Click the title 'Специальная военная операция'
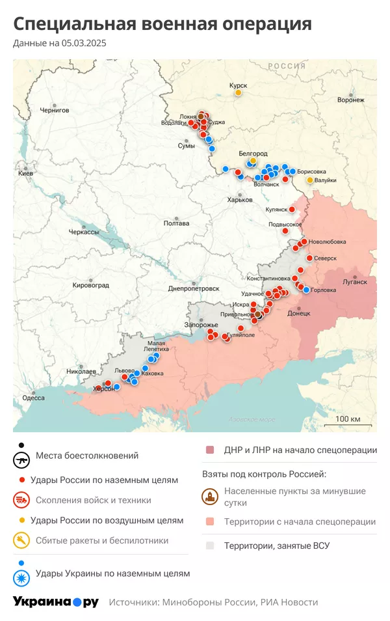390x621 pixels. click(x=162, y=24)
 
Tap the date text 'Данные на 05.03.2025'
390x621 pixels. click(x=59, y=44)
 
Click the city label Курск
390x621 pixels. click(x=238, y=85)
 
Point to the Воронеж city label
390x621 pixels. click(x=350, y=100)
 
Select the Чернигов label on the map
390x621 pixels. click(x=55, y=111)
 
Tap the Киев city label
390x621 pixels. click(x=26, y=174)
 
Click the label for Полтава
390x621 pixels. click(x=176, y=223)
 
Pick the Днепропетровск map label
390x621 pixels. click(x=193, y=288)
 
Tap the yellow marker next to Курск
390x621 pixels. click(x=239, y=93)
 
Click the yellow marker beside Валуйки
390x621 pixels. click(x=310, y=180)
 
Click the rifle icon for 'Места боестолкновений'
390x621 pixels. click(x=21, y=460)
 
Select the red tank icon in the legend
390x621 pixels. click(x=21, y=500)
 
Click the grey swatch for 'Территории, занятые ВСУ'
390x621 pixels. click(x=210, y=545)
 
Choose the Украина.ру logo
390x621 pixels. click(x=55, y=602)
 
